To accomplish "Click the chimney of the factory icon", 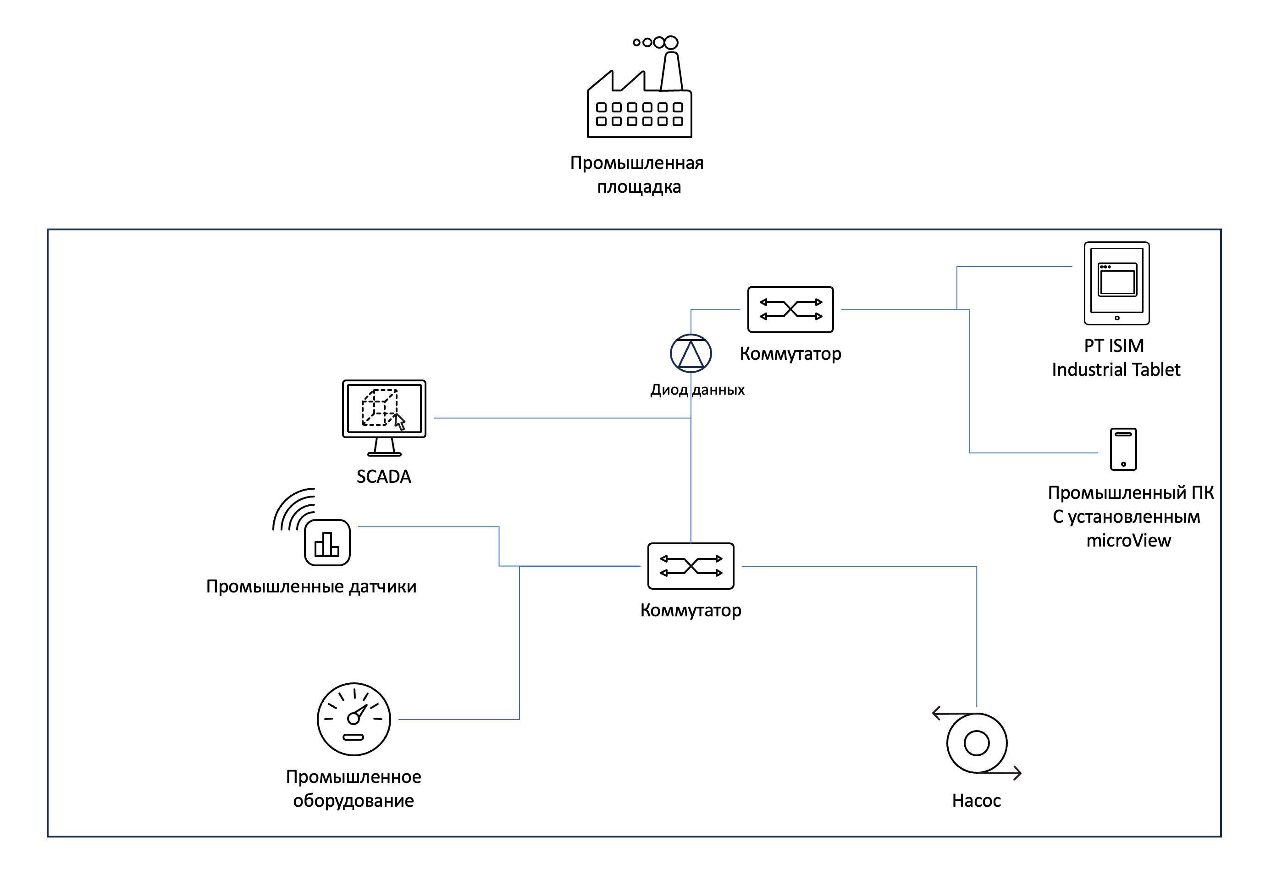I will [x=671, y=72].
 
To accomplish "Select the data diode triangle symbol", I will [x=691, y=354].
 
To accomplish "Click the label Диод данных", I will [x=697, y=390].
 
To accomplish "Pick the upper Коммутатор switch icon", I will [x=790, y=310].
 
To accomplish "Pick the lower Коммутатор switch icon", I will [x=691, y=566].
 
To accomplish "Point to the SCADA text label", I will [x=384, y=476].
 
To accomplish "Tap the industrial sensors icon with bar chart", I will [x=326, y=542].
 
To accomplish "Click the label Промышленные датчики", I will [x=311, y=586].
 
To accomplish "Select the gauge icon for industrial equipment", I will [x=354, y=719].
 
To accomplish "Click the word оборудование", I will [x=354, y=800].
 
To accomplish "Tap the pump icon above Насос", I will [x=976, y=743].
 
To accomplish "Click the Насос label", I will [x=976, y=800].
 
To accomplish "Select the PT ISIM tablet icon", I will [x=1116, y=283].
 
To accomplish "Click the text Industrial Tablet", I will [x=1116, y=369].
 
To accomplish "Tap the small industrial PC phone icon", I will [x=1123, y=449].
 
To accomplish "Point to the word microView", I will [x=1129, y=541].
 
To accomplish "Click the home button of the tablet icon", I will [x=1117, y=318].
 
